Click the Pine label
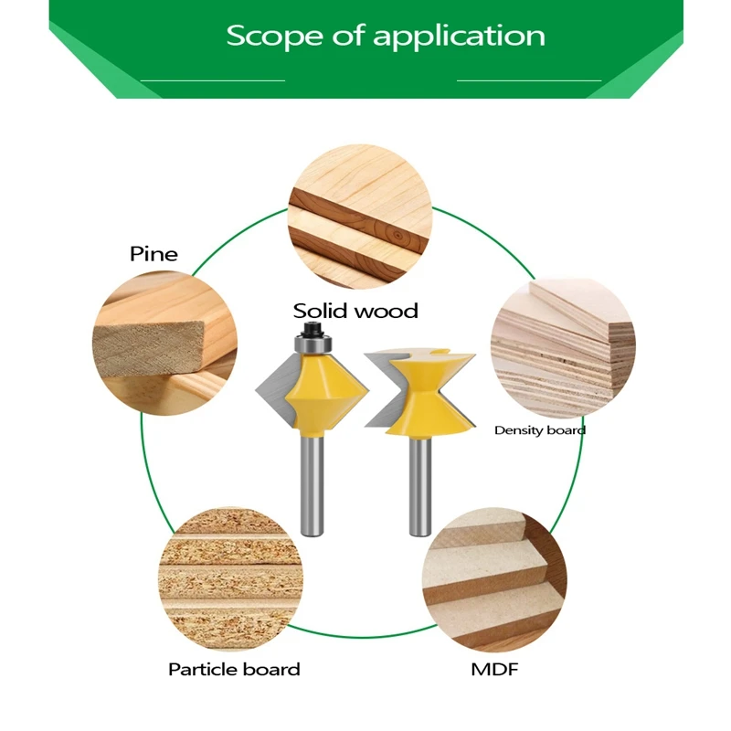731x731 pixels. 154,253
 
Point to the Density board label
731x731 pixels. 540,429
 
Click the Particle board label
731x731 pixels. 234,670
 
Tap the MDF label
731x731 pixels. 494,670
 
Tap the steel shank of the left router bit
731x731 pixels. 312,484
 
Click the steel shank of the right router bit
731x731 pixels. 419,484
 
